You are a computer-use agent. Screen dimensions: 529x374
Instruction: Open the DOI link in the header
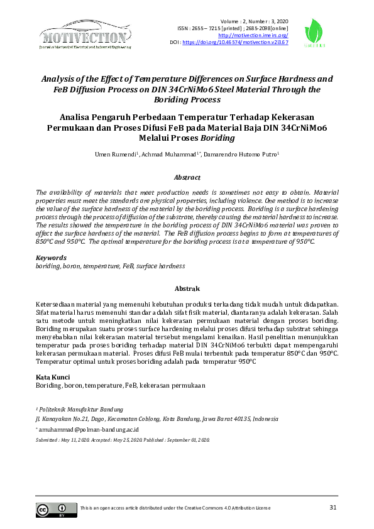pos(235,43)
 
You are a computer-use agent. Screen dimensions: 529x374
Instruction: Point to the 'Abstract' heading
pos(187,178)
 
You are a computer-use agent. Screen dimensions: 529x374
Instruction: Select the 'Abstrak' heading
pos(187,289)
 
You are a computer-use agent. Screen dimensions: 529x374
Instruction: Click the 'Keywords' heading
pos(51,258)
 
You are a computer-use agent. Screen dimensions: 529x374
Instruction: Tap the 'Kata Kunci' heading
pos(53,377)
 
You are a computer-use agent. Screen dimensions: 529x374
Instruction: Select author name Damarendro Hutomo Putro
pos(242,155)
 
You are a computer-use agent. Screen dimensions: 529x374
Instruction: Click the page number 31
pos(334,507)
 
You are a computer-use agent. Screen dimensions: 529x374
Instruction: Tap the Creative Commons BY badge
pos(52,510)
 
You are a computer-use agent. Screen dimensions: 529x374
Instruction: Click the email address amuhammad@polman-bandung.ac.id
pos(83,430)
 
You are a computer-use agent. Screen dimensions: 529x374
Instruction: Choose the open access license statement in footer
pos(175,507)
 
